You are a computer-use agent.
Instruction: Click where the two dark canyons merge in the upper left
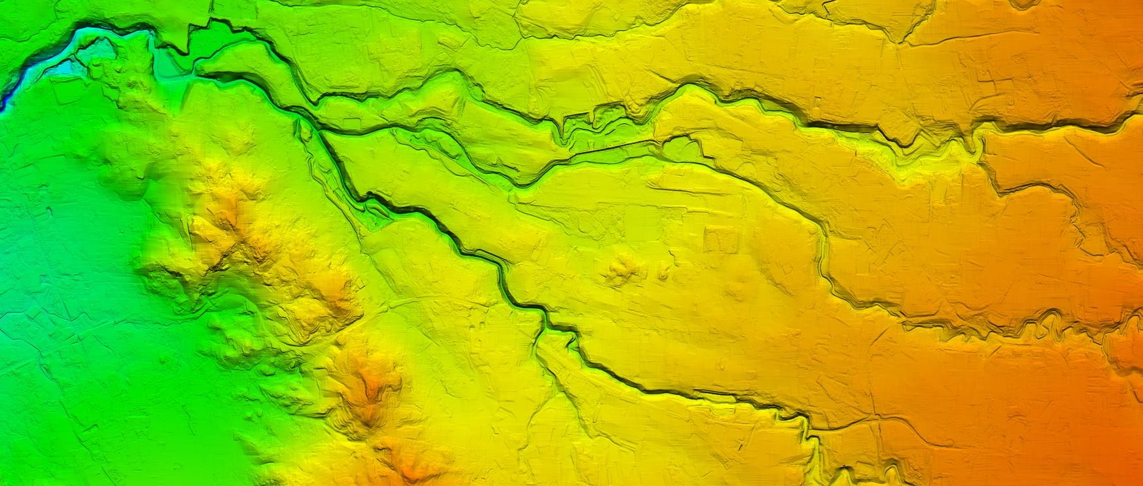308,121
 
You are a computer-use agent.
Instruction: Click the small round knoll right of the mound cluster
665,271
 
